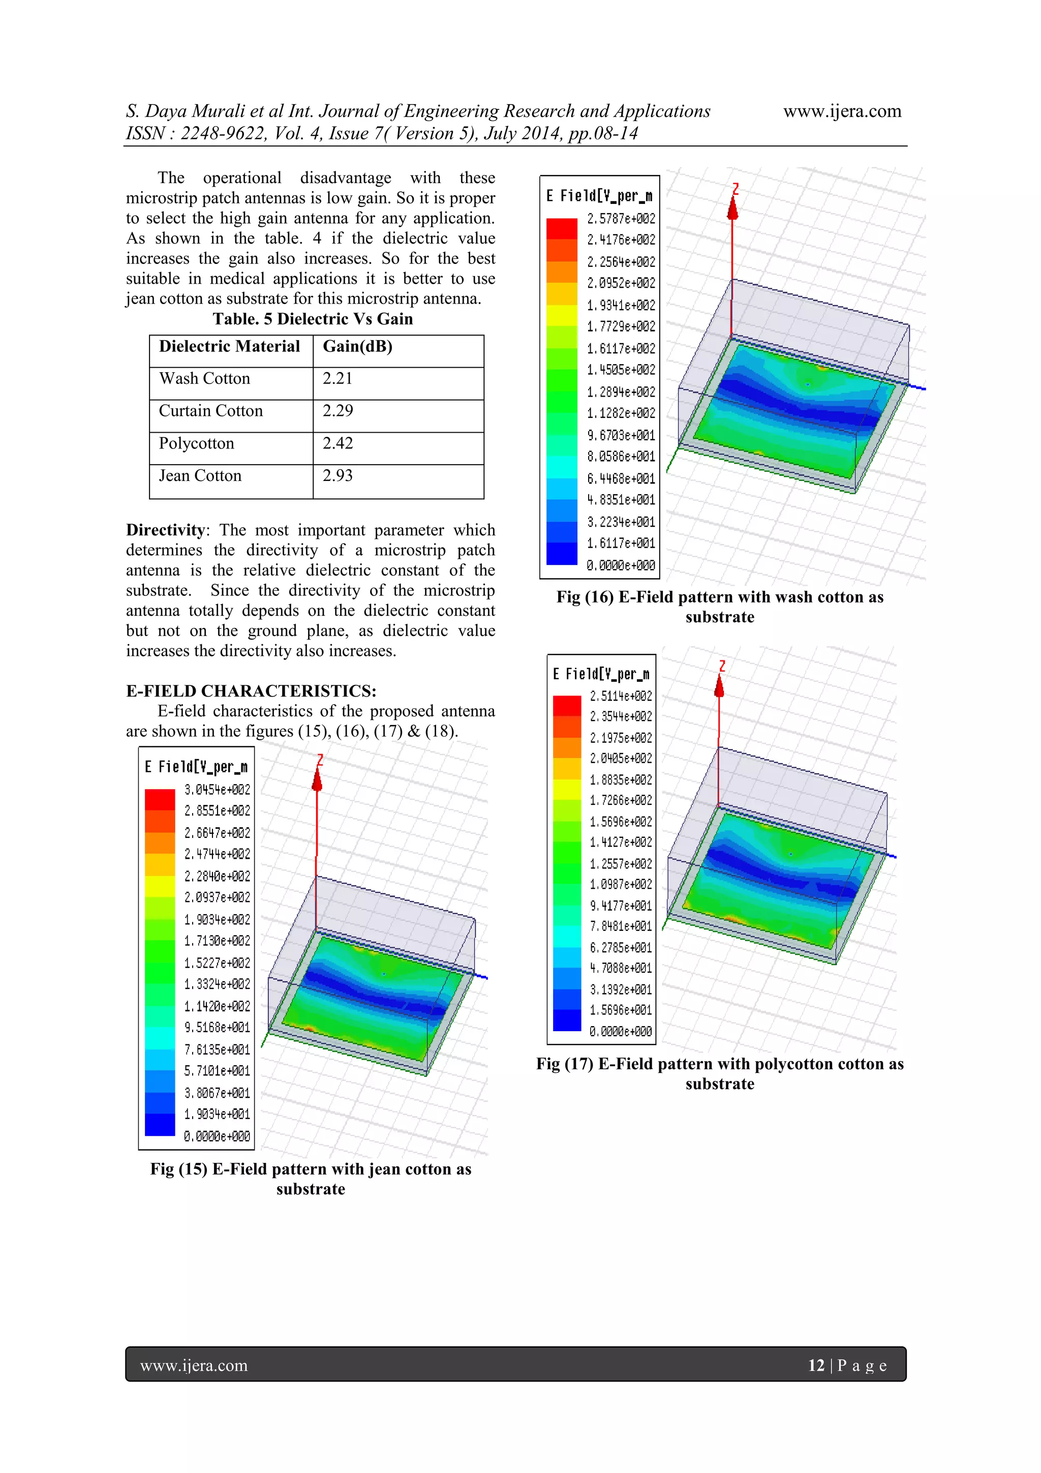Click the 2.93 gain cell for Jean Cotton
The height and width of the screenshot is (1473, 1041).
point(338,476)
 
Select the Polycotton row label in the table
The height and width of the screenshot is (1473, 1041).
point(196,444)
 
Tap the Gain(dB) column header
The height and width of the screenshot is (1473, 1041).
point(357,346)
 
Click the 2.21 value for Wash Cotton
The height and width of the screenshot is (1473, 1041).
point(338,378)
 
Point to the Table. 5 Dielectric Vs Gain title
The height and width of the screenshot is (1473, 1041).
point(313,319)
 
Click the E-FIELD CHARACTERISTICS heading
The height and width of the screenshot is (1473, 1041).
point(251,691)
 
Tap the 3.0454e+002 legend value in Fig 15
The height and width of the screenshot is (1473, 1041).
point(218,790)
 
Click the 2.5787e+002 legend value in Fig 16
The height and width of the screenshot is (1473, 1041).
point(621,219)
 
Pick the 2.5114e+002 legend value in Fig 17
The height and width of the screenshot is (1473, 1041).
point(621,696)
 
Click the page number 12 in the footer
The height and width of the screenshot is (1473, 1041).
point(816,1365)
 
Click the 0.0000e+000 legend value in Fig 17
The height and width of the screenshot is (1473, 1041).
point(621,1032)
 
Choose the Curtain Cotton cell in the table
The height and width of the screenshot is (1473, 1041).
point(210,411)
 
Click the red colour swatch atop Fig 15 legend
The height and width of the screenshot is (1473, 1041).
point(160,799)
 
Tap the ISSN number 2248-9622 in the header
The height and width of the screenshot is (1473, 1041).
point(222,133)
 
